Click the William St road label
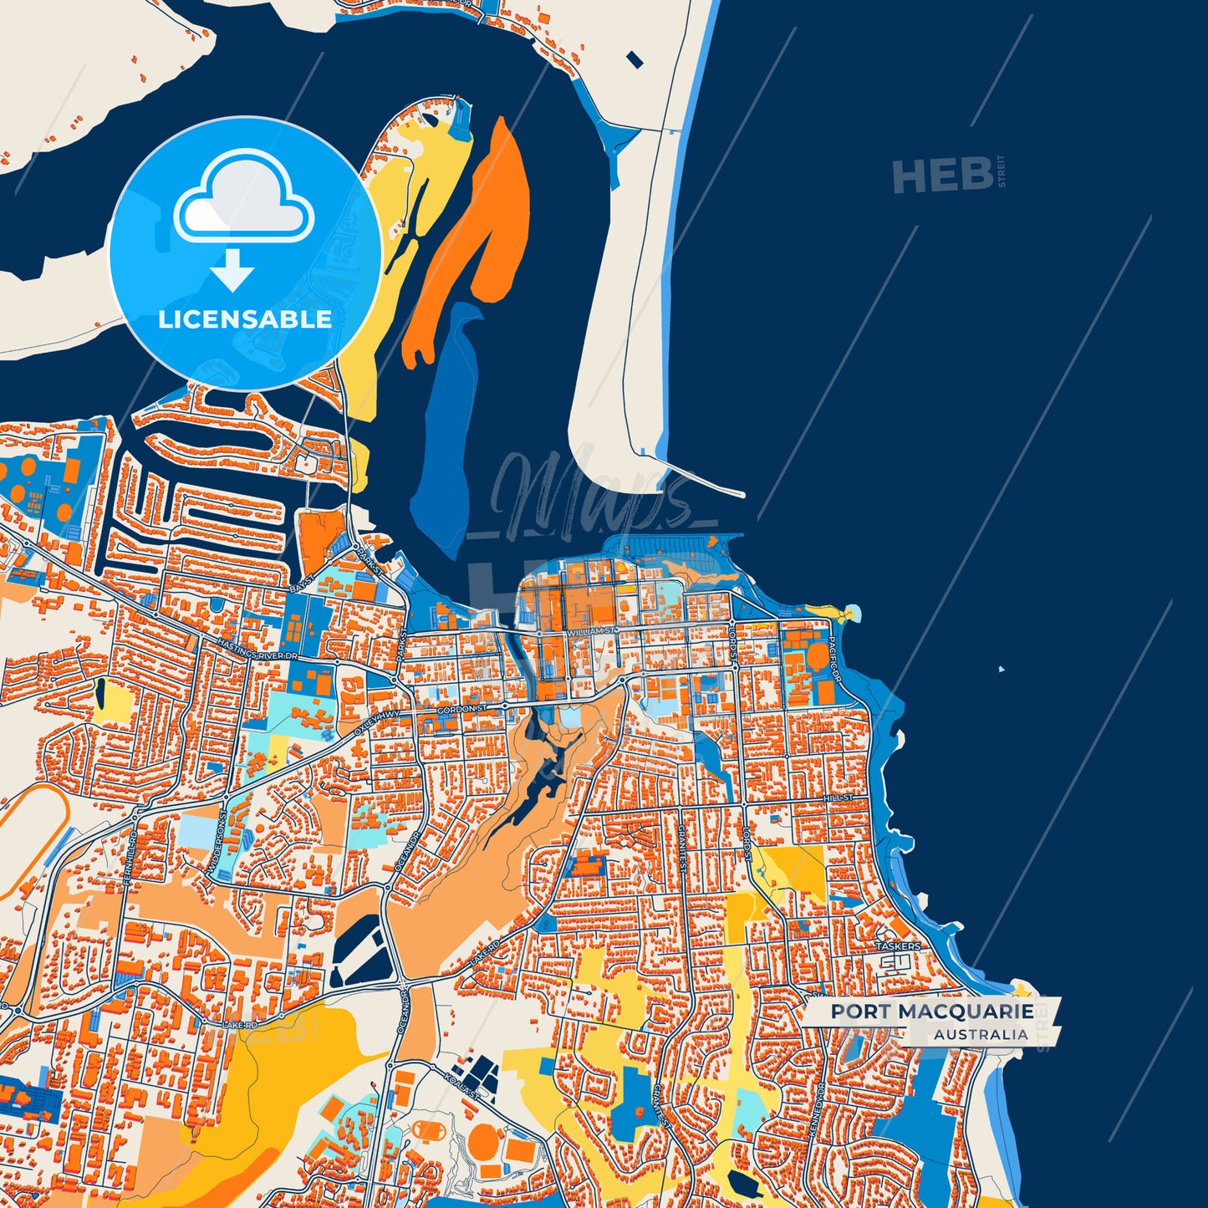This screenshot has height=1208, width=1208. (x=594, y=633)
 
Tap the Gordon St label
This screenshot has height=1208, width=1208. (x=461, y=710)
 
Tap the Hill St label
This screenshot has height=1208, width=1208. (x=838, y=798)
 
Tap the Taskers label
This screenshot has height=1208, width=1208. (x=898, y=946)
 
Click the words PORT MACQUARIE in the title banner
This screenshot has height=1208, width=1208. (x=931, y=1012)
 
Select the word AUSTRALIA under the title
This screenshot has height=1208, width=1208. (x=981, y=1034)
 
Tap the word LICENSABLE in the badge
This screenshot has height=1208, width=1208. (x=245, y=319)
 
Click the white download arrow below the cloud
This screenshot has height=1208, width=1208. (x=232, y=269)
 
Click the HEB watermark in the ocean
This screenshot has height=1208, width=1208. (x=942, y=176)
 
